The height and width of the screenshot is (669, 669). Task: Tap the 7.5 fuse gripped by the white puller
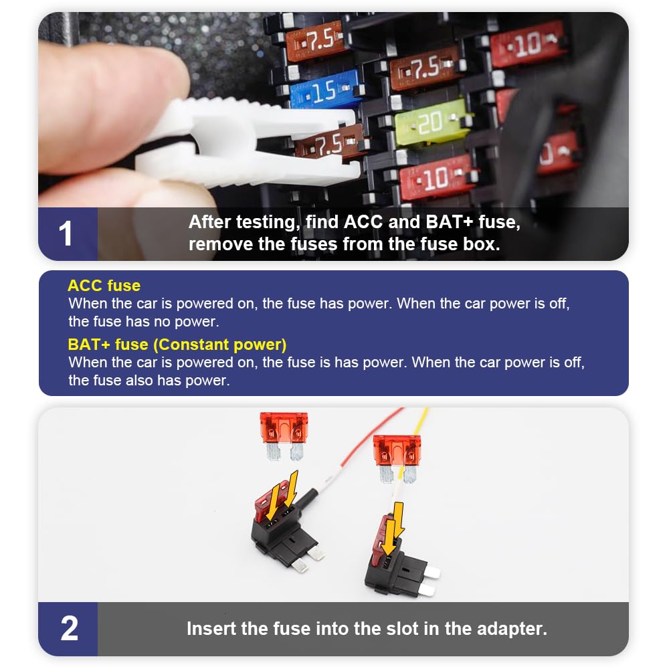[x=328, y=142]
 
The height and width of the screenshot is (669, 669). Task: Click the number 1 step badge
[x=67, y=234]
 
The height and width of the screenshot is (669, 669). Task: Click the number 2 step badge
[x=69, y=629]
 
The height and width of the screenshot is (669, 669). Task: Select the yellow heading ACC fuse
[x=104, y=286]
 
